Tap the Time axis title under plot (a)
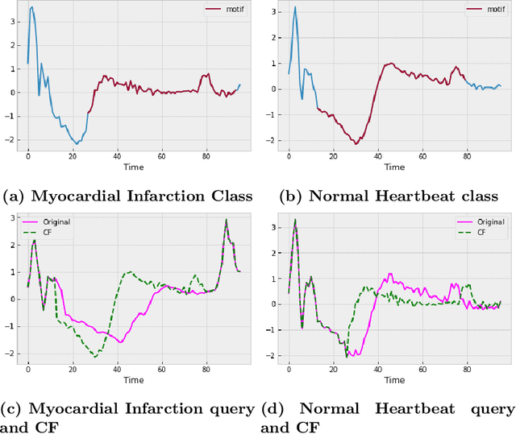[x=134, y=167]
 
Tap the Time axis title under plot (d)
[x=394, y=382]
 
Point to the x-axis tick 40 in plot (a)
[x=118, y=156]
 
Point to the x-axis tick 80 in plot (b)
[x=467, y=156]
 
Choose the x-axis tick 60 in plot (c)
[x=162, y=370]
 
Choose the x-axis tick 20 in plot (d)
[x=333, y=370]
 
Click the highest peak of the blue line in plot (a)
[x=31, y=7]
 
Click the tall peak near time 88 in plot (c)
[x=227, y=219]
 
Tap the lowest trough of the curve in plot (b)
[x=356, y=144]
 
